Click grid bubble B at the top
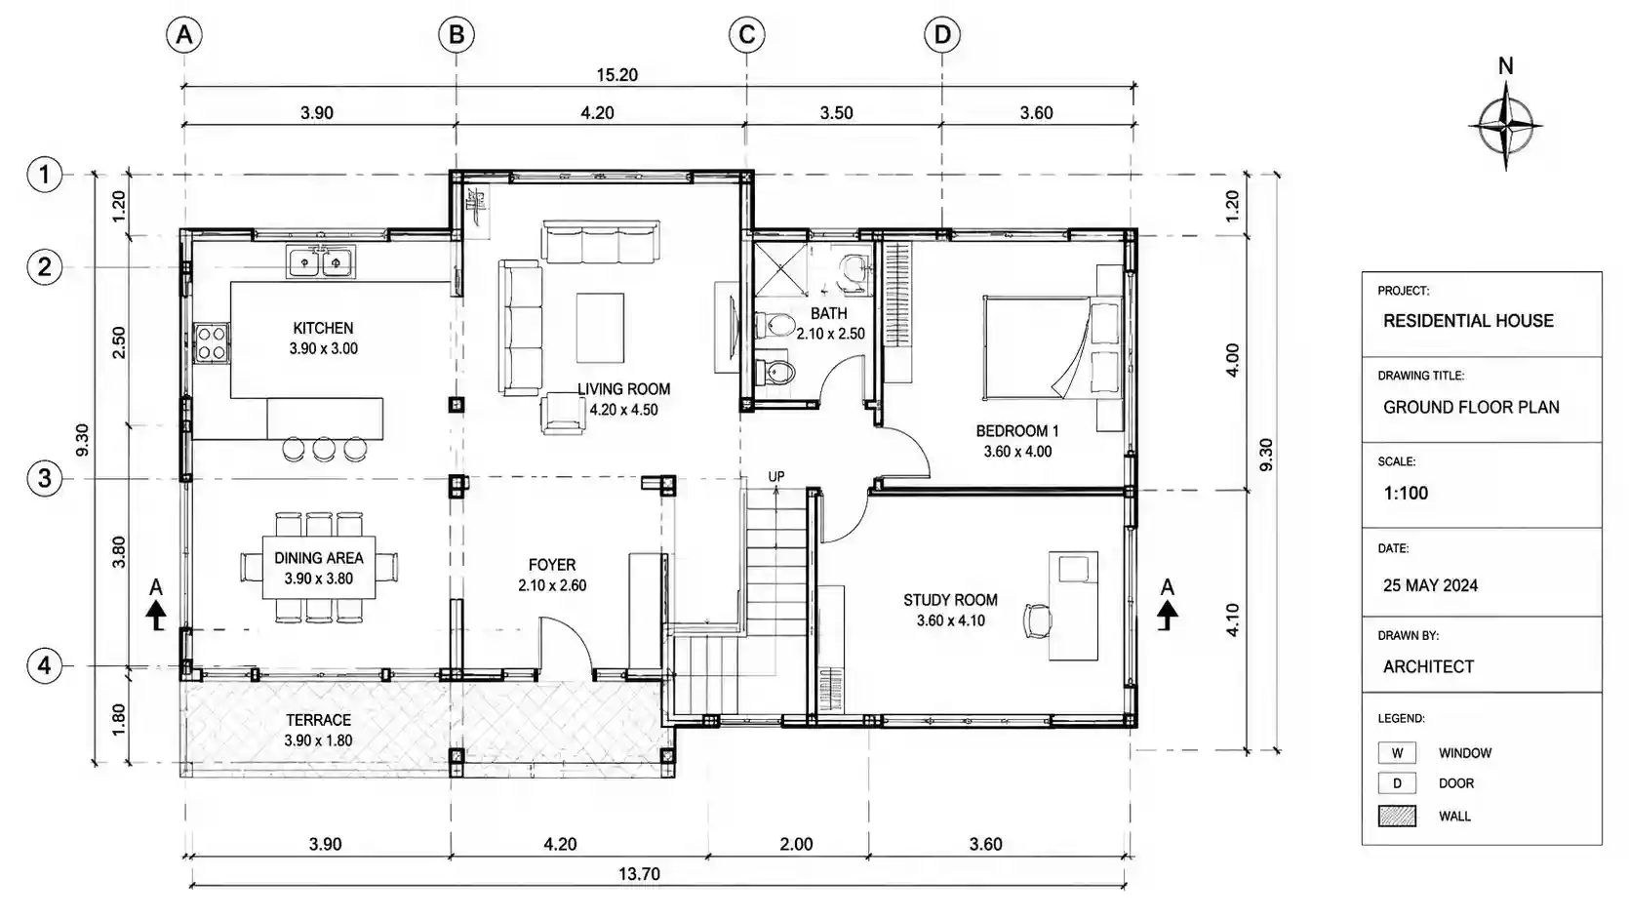[x=456, y=34]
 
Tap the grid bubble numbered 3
[x=44, y=478]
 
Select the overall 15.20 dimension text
[x=616, y=75]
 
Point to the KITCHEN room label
[x=323, y=328]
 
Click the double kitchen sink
[x=321, y=261]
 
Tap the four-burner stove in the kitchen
[x=212, y=343]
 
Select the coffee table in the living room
[x=600, y=327]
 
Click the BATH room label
[x=829, y=313]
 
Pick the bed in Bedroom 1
[x=1053, y=346]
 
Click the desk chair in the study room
[x=1038, y=620]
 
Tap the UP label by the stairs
[x=776, y=476]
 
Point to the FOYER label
[x=552, y=565]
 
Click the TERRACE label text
[x=319, y=720]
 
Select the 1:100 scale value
[x=1406, y=493]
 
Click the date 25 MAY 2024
[x=1430, y=585]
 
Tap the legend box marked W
[x=1397, y=752]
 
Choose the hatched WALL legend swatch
[x=1397, y=816]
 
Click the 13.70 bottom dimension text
[x=639, y=873]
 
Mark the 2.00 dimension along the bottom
[x=796, y=844]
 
